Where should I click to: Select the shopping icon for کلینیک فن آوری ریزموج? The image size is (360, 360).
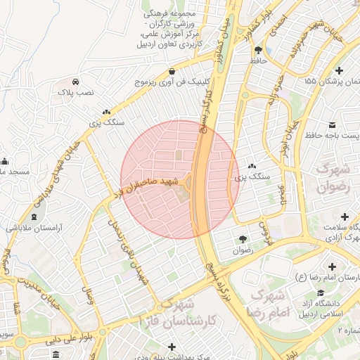click(x=172, y=71)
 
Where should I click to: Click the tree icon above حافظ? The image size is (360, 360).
click(x=259, y=50)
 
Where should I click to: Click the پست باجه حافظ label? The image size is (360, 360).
click(x=332, y=133)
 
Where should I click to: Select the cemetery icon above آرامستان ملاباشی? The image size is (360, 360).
click(x=35, y=217)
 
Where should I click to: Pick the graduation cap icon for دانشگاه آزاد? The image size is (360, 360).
click(x=321, y=293)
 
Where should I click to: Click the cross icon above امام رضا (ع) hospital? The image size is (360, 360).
click(x=333, y=267)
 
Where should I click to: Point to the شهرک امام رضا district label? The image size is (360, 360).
click(x=264, y=301)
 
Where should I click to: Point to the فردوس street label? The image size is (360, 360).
click(x=264, y=230)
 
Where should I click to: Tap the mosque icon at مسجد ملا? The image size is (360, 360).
click(x=5, y=160)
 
